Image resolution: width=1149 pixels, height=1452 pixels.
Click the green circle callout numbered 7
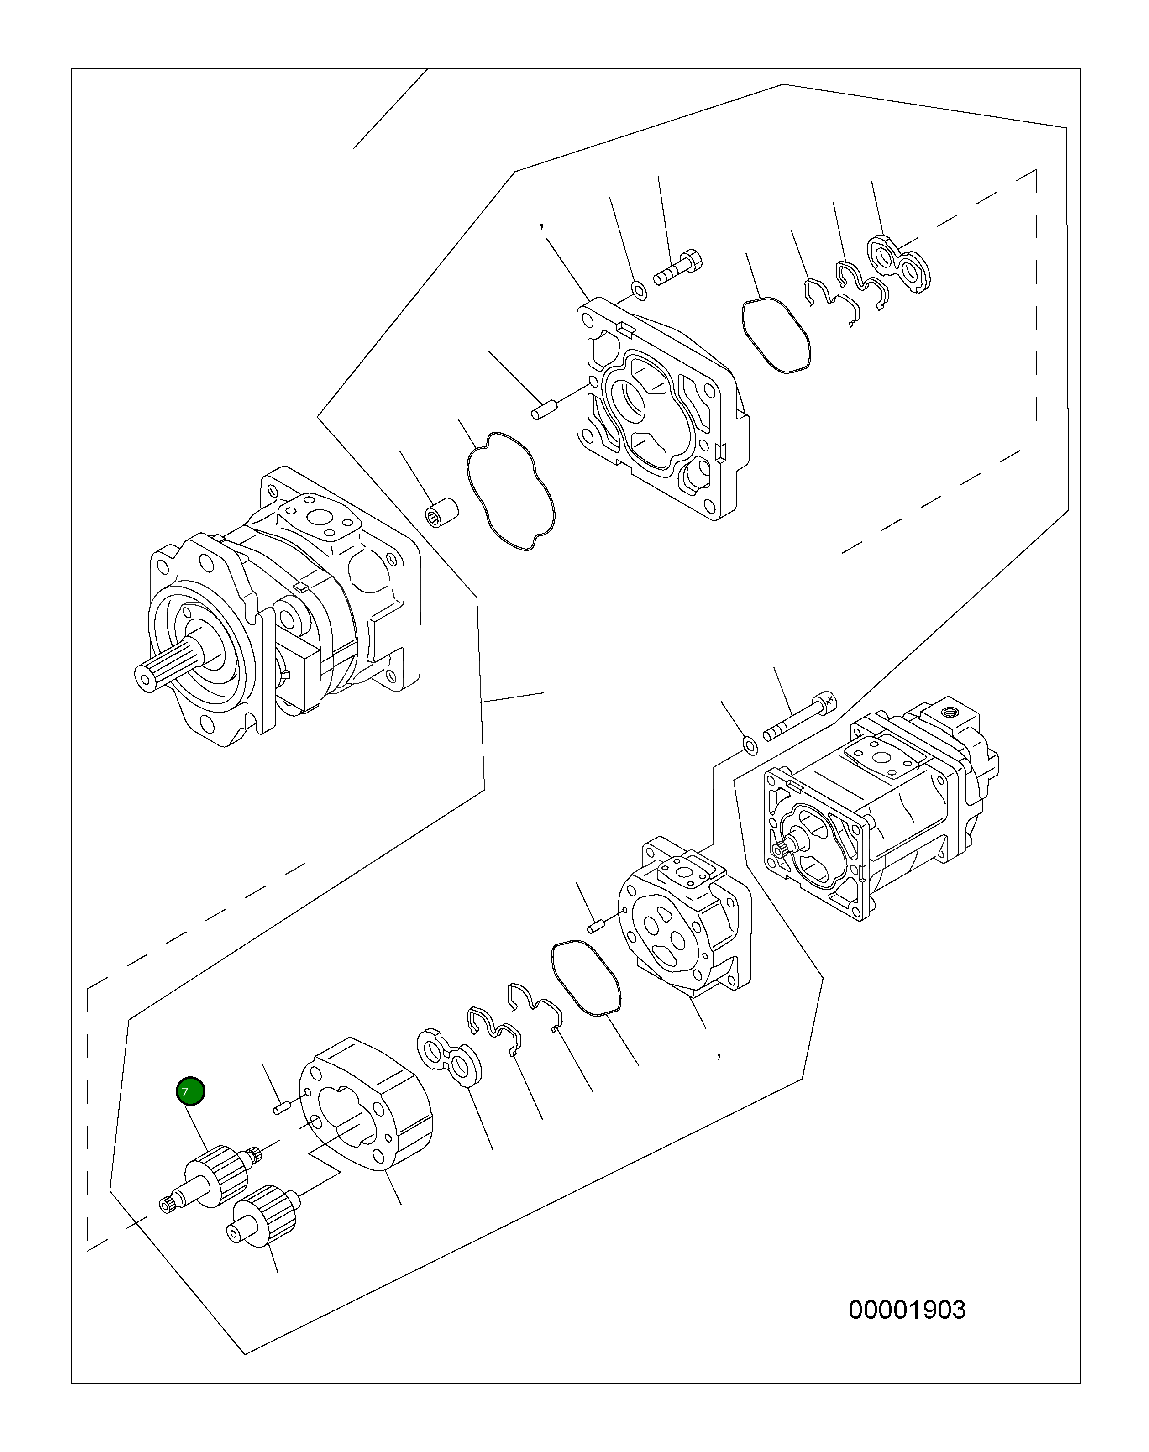click(x=190, y=1091)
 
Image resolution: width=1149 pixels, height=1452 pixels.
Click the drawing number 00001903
click(x=906, y=1310)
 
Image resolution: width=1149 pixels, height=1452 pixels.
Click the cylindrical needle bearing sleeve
click(x=443, y=513)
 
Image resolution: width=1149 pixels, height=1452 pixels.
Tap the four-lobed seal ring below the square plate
click(x=511, y=491)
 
